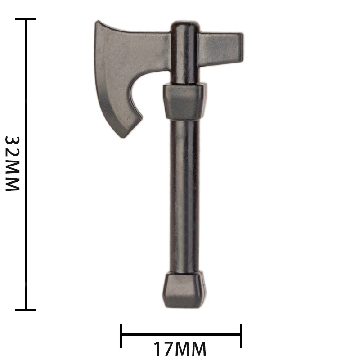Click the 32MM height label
pyautogui.click(x=13, y=164)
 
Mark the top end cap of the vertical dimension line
pyautogui.click(x=26, y=19)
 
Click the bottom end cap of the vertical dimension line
pyautogui.click(x=26, y=310)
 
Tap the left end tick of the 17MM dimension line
pyautogui.click(x=121, y=335)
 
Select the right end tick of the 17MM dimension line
pyautogui.click(x=241, y=335)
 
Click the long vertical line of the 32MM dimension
pyautogui.click(x=26, y=164)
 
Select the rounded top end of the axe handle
pyautogui.click(x=184, y=25)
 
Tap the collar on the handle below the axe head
pyautogui.click(x=184, y=101)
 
